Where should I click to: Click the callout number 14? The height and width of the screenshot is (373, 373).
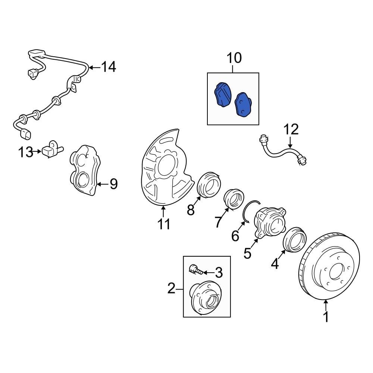[x=109, y=67]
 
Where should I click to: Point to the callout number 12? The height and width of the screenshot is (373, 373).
[x=291, y=129]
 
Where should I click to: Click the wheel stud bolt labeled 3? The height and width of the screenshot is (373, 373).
[x=196, y=269]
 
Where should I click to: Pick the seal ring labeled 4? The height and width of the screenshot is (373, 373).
[x=295, y=239]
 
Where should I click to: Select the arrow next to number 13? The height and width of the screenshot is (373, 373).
[x=37, y=151]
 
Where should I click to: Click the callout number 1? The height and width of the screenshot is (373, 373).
[x=326, y=317]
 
